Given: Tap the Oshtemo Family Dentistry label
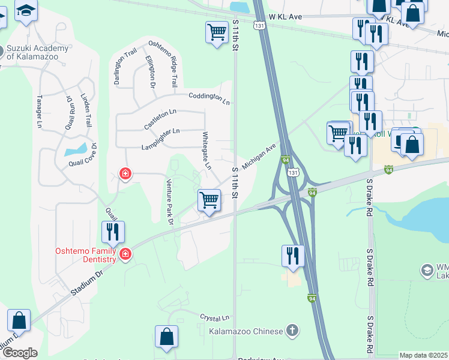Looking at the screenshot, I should (85, 254).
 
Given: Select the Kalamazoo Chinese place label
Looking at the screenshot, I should (245, 331).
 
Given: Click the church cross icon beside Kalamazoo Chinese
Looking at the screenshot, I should (292, 331).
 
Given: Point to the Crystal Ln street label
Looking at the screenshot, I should (215, 317).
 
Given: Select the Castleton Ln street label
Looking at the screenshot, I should (160, 119).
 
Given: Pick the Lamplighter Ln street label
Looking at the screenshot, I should (160, 139).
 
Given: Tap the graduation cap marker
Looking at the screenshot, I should (26, 11).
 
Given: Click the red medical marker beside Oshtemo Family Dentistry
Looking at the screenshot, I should (125, 254).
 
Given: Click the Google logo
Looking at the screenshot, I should (19, 353).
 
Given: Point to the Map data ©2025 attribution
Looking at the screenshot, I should (423, 355).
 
